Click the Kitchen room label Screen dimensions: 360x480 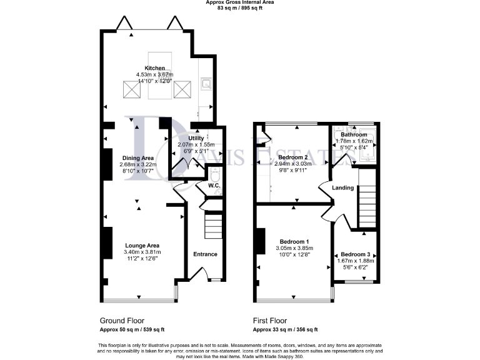pos(155,68)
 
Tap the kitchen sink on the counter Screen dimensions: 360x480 pos(206,81)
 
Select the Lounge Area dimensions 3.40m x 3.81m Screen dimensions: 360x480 pos(142,252)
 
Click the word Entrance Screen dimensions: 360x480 pos(205,254)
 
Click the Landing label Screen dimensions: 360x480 pos(343,187)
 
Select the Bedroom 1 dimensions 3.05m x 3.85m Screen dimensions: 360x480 pos(294,248)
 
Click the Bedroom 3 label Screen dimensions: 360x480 pos(355,254)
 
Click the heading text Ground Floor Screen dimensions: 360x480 pos(123,319)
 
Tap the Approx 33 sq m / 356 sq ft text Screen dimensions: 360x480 pos(285,329)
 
